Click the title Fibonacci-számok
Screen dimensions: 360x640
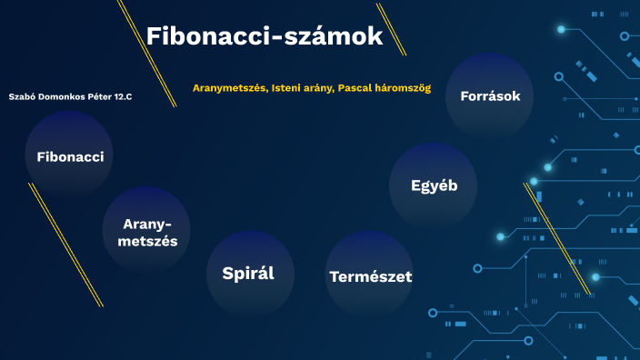[264, 36]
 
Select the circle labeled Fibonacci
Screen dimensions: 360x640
[70, 156]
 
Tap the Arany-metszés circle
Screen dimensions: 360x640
[146, 232]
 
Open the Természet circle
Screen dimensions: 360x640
[369, 275]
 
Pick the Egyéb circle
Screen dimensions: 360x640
[433, 185]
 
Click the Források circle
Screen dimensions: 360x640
[490, 95]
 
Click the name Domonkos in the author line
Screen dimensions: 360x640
[61, 96]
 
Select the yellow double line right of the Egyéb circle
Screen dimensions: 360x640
[556, 238]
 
